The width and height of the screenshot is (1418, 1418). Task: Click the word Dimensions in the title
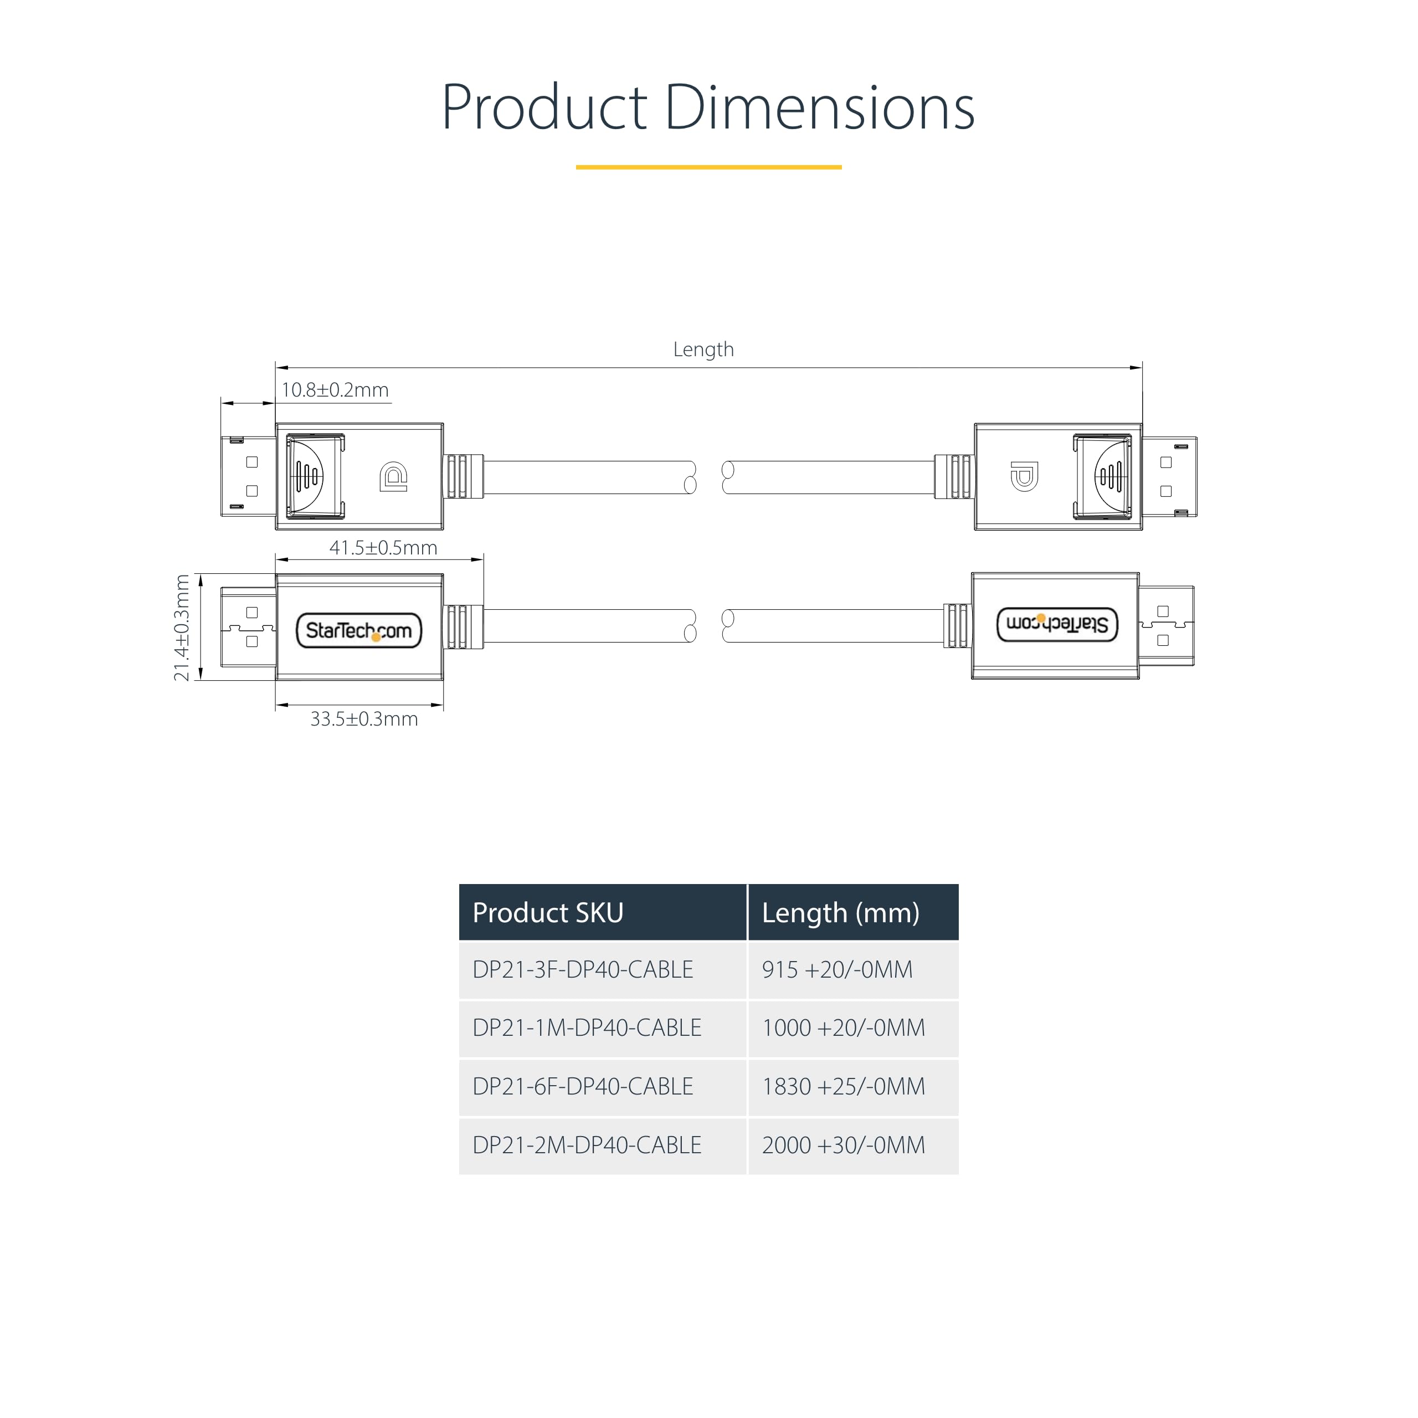coord(819,108)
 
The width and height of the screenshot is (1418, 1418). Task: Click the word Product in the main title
coord(544,108)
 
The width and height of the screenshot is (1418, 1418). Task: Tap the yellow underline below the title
coord(708,167)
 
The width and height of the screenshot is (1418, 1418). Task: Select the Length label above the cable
coord(703,350)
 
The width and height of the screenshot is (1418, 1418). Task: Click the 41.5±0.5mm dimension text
coord(383,547)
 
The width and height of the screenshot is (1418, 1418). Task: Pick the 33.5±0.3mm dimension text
coord(364,718)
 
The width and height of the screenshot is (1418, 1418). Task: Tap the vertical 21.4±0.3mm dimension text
coord(181,628)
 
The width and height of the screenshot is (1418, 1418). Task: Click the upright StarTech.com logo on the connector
coord(359,630)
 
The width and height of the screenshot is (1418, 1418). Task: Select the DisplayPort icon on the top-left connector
coord(393,476)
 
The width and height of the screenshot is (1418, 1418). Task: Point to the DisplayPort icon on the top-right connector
coord(1024,476)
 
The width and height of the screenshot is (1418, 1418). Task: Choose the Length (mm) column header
coord(840,912)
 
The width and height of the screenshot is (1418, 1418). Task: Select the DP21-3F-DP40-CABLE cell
coord(583,969)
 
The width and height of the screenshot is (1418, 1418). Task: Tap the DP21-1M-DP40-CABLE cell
coord(587,1027)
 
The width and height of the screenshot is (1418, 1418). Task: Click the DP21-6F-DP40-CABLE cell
coord(583,1086)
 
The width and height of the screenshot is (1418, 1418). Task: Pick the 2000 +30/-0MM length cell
coord(843,1145)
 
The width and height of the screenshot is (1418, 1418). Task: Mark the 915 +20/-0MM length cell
coord(838,969)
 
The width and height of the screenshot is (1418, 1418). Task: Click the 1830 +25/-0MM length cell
coord(843,1086)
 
